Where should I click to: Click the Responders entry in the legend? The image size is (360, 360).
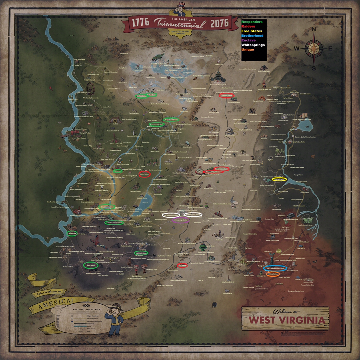[x=252, y=22]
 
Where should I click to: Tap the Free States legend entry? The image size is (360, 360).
[x=251, y=31]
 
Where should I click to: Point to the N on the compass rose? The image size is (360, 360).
[x=313, y=30]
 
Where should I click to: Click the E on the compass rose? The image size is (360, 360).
[x=330, y=49]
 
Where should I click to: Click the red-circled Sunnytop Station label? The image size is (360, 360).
[x=226, y=95]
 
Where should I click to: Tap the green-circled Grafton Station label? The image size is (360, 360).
[x=141, y=96]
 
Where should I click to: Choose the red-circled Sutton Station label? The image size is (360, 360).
[x=144, y=174]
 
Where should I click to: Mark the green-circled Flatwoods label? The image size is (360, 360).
[x=117, y=171]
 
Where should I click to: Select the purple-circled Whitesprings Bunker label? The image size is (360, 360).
[x=180, y=220]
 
